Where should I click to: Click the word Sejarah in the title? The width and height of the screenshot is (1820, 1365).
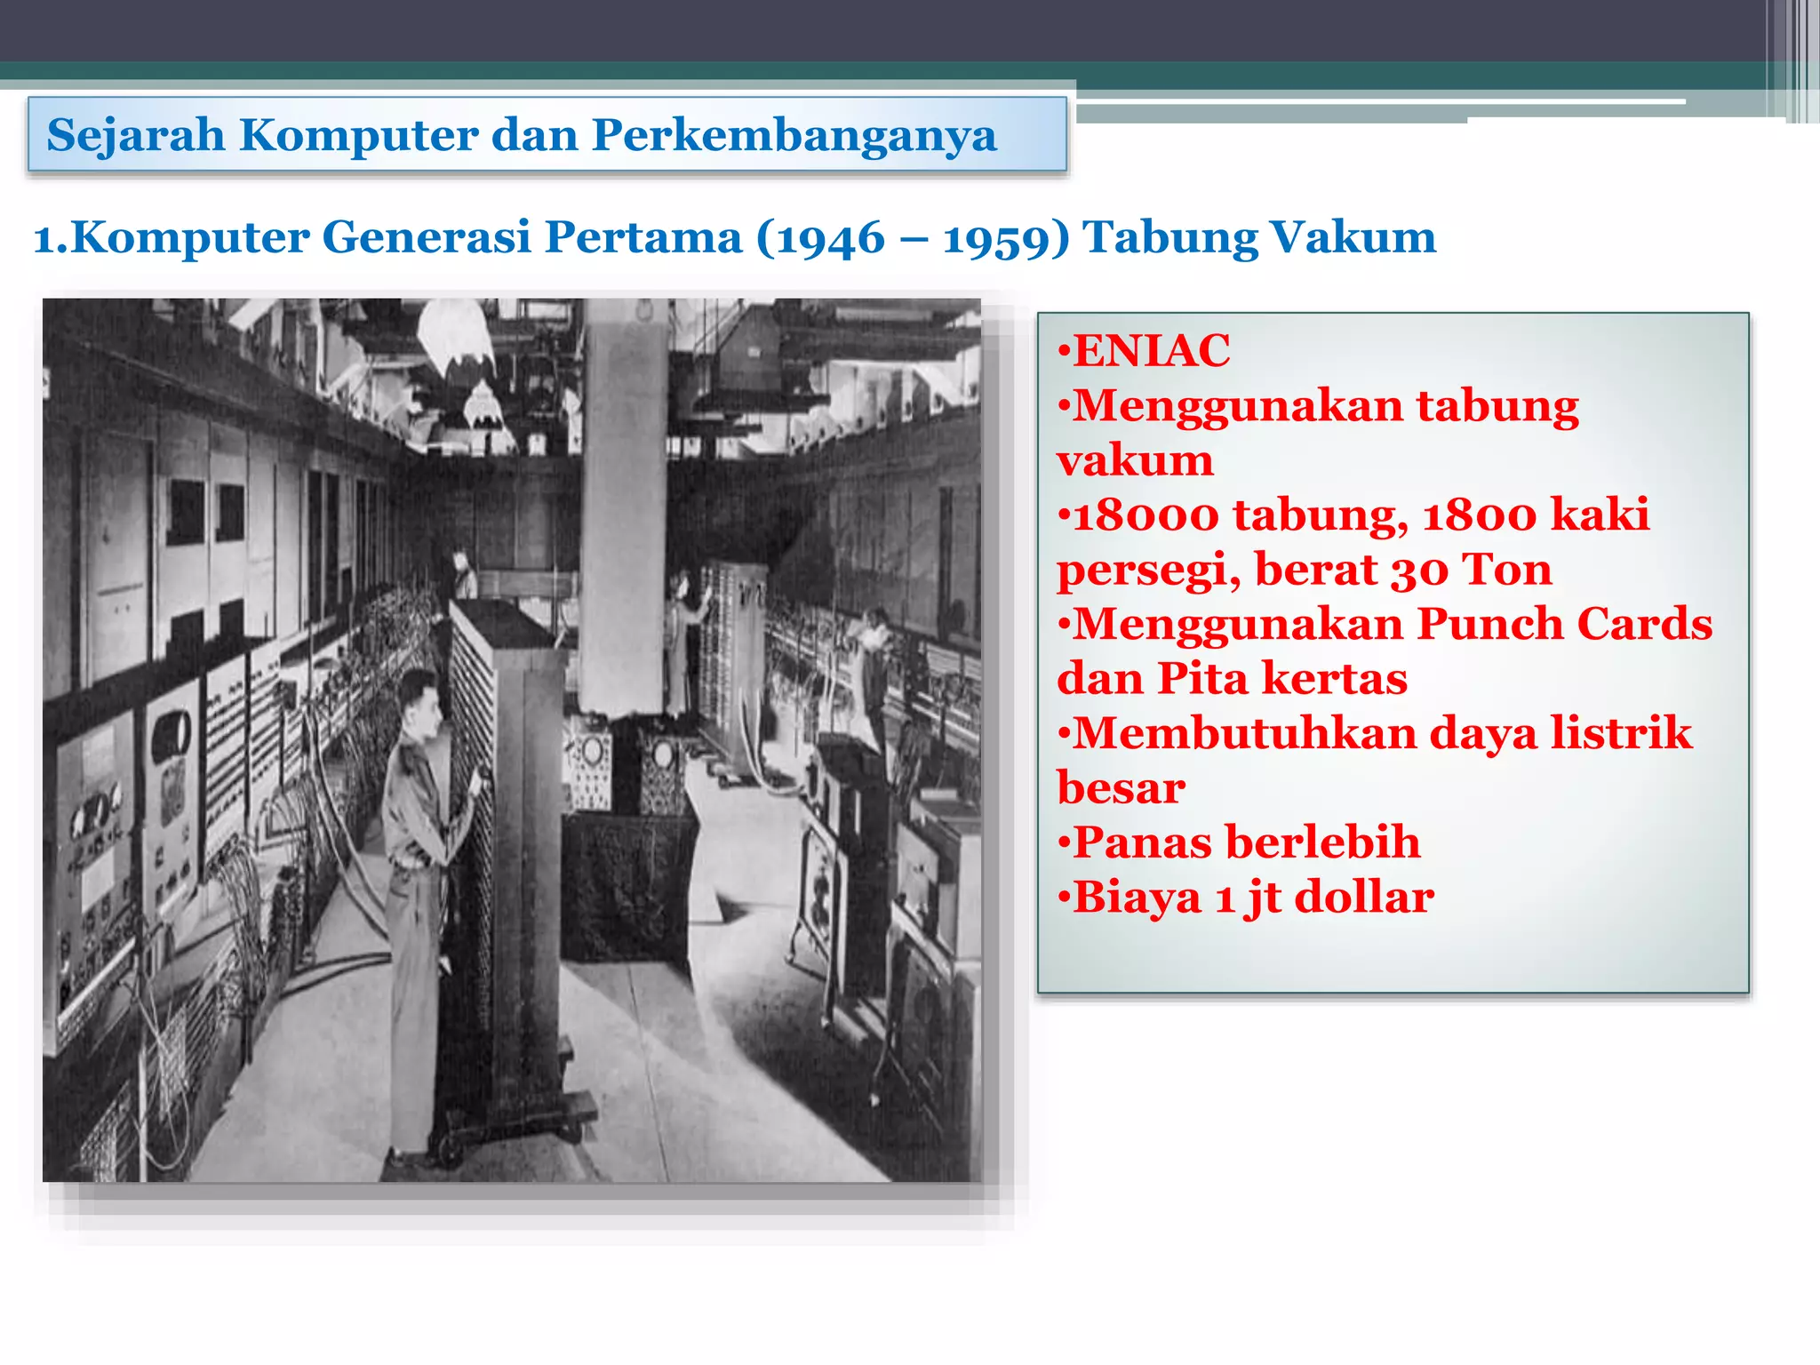(x=136, y=135)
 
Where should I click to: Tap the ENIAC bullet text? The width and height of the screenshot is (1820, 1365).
(x=1152, y=350)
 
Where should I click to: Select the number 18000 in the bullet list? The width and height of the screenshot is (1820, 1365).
(x=1145, y=515)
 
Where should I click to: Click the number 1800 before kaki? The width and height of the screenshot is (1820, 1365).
(x=1479, y=515)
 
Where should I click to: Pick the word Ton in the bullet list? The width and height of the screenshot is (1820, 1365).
(x=1507, y=570)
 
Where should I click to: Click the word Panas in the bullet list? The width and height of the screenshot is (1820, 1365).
(x=1142, y=842)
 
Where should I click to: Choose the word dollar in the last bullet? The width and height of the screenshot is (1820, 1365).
(x=1364, y=898)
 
